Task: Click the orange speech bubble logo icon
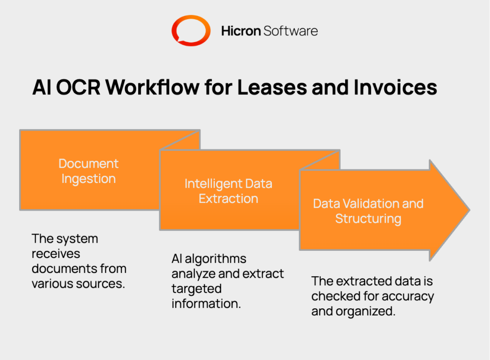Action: pos(191,31)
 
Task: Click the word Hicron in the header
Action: pos(241,31)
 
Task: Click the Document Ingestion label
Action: pos(89,171)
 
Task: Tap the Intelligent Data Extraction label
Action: pos(228,191)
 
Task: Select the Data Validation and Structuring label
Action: pos(368,211)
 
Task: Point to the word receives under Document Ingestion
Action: pos(56,253)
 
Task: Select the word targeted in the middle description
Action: pos(196,289)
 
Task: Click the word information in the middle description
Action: pos(206,304)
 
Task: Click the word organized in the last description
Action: pos(366,311)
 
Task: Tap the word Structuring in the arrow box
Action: pos(368,219)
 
